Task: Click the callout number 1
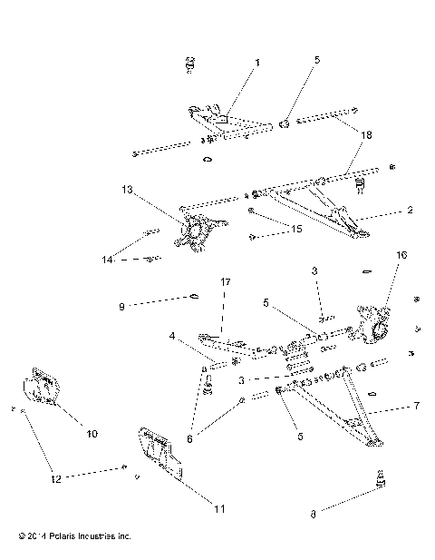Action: [256, 63]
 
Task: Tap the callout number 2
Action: [410, 209]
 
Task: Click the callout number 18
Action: [366, 133]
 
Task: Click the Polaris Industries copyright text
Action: [67, 536]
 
